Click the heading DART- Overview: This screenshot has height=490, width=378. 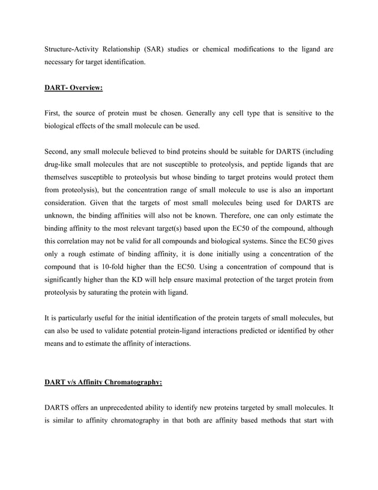(x=74, y=89)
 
